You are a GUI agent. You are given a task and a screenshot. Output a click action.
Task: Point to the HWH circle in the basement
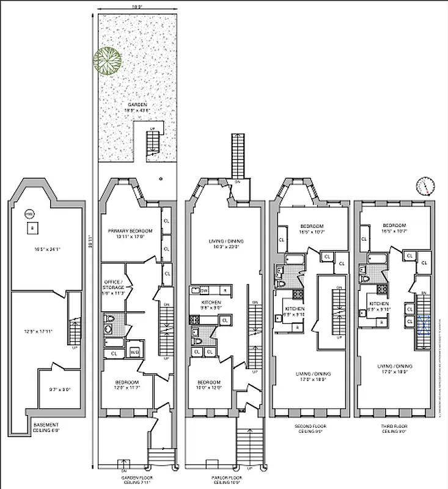click(x=29, y=215)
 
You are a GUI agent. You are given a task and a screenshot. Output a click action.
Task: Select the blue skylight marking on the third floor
click(x=424, y=324)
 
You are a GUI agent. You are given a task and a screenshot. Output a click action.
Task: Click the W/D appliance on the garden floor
click(x=135, y=352)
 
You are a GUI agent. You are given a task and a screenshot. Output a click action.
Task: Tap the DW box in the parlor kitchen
click(x=204, y=290)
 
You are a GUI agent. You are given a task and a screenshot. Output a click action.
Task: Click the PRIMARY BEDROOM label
click(x=130, y=230)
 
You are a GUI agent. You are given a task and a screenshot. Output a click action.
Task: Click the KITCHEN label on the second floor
click(x=294, y=309)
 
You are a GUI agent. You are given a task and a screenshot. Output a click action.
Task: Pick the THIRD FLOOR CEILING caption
click(x=395, y=428)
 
